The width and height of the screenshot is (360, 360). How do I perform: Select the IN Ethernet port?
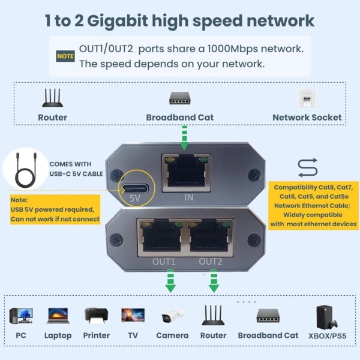point(185,173)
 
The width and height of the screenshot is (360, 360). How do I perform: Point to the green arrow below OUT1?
point(170,281)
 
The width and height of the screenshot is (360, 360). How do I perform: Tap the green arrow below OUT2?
point(213,281)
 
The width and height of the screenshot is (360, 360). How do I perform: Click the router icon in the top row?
point(53,98)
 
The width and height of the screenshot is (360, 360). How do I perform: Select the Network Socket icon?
point(307,98)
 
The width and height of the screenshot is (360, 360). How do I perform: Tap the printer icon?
point(97,316)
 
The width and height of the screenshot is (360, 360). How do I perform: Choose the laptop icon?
point(58,316)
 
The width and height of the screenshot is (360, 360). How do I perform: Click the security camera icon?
point(170,316)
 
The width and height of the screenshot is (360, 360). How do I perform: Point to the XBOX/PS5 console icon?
point(323,316)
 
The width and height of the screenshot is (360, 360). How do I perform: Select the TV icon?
point(133,316)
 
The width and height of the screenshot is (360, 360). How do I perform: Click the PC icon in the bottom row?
point(22,316)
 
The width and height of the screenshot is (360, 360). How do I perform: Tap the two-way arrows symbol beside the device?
point(307,166)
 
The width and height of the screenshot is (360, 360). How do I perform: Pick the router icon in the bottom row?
point(213,316)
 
